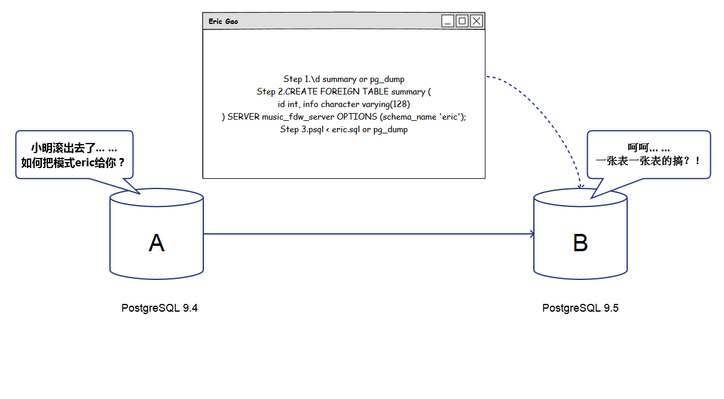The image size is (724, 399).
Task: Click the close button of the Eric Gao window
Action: (476, 22)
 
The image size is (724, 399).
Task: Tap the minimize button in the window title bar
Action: (448, 22)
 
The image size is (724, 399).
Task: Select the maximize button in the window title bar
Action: (462, 22)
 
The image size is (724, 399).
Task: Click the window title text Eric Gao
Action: (224, 22)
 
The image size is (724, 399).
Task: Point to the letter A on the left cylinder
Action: (156, 243)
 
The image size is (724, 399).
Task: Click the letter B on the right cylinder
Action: (580, 243)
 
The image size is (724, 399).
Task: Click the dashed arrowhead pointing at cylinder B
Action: (579, 186)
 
